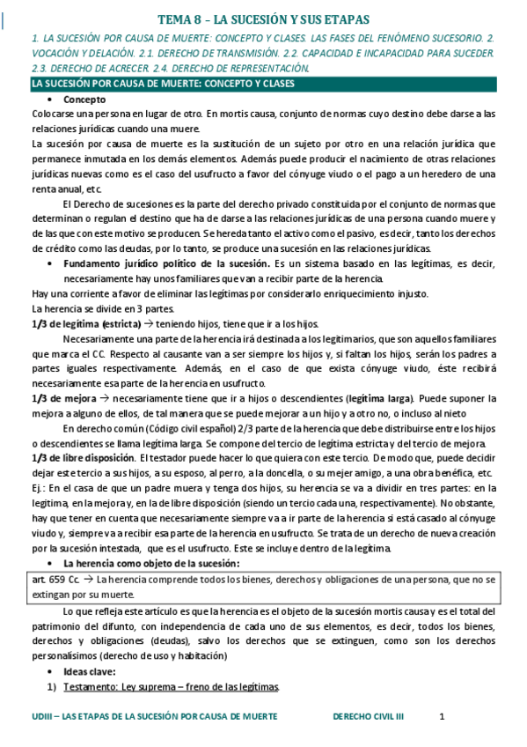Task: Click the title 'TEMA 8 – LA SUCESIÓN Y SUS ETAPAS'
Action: point(264,18)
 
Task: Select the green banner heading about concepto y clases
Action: point(163,84)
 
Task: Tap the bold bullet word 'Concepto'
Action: point(84,100)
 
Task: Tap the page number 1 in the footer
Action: point(442,717)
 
